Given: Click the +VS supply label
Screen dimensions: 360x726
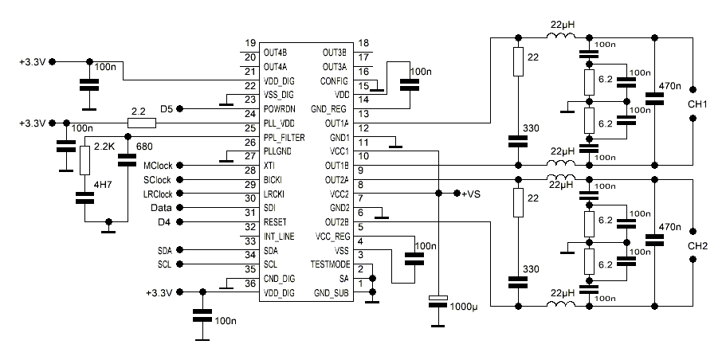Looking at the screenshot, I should pos(472,194).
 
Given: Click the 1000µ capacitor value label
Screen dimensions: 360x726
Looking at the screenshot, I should pos(465,306).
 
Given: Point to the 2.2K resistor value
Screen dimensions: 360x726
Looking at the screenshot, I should pos(105,147).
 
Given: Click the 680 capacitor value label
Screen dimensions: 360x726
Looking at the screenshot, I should pos(144,147).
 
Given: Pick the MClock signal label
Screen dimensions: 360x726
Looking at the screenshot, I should pos(158,165).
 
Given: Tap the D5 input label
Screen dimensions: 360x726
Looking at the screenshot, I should pos(167,108).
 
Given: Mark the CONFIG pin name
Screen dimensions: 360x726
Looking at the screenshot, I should pos(334,80).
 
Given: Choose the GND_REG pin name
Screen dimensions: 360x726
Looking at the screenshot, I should pos(330,109).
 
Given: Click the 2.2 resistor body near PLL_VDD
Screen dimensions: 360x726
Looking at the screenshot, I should pos(142,123).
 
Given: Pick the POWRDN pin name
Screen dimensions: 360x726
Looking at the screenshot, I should pos(281,108).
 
